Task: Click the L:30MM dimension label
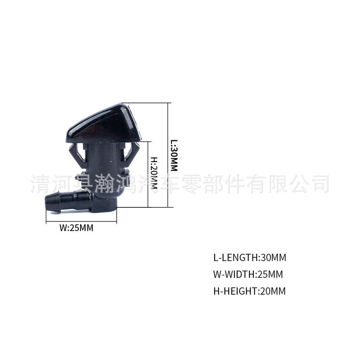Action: (174, 156)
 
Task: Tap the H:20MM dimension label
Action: (154, 173)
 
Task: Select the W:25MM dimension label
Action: (76, 228)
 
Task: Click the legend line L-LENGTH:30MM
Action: (250, 258)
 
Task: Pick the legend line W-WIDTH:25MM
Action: (248, 274)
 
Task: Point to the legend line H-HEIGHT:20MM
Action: (249, 291)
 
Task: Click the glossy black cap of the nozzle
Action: (102, 123)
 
